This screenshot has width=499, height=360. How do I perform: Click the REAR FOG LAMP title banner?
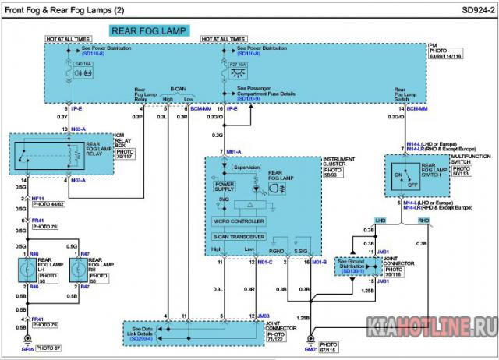149,31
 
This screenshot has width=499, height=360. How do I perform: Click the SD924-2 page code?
467,10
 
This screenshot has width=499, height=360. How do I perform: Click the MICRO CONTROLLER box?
239,221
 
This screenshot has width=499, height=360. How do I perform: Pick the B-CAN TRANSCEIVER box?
239,235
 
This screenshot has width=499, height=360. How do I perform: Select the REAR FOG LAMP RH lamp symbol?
80,270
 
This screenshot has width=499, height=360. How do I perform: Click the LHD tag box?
380,221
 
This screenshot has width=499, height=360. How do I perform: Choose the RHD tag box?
423,221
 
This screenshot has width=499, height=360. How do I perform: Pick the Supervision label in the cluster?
247,167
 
